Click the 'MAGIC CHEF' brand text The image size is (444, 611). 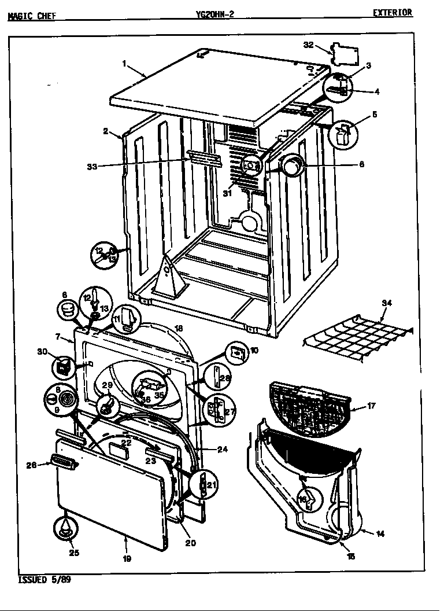tap(32, 16)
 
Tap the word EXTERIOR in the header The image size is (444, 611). tap(392, 13)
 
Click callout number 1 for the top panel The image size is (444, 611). tap(124, 64)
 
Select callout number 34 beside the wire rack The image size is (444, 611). tap(387, 303)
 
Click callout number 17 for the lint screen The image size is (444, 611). tap(371, 406)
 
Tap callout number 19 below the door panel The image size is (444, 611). tap(127, 559)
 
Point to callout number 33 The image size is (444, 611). tap(91, 167)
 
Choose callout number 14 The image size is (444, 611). tap(380, 534)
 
